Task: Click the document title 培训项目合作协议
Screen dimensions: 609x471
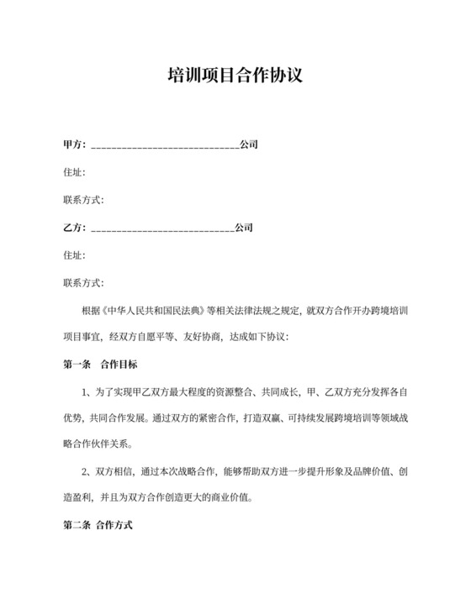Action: click(x=235, y=76)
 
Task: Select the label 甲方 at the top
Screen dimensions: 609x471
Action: click(x=72, y=144)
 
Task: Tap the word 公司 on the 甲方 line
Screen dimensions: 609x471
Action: click(x=249, y=144)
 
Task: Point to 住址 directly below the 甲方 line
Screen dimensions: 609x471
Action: click(x=73, y=172)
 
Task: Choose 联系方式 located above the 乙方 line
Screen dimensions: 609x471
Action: click(x=83, y=200)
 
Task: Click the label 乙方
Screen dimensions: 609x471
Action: click(x=72, y=228)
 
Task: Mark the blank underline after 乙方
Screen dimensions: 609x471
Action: click(x=161, y=229)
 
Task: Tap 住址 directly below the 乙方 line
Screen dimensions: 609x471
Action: click(x=73, y=255)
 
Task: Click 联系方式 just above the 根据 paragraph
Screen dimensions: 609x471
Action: click(x=83, y=283)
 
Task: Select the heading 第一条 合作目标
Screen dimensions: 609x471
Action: click(x=100, y=365)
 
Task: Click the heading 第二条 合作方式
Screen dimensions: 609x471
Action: click(x=98, y=530)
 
